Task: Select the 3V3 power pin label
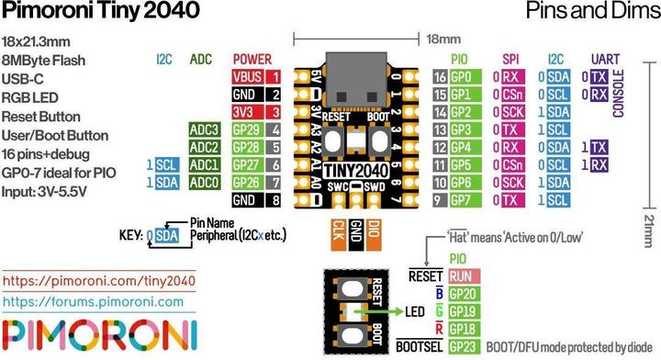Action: [x=245, y=112]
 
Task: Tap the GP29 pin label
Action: [x=245, y=129]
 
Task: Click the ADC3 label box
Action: [x=203, y=129]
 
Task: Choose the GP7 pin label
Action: [x=462, y=199]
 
